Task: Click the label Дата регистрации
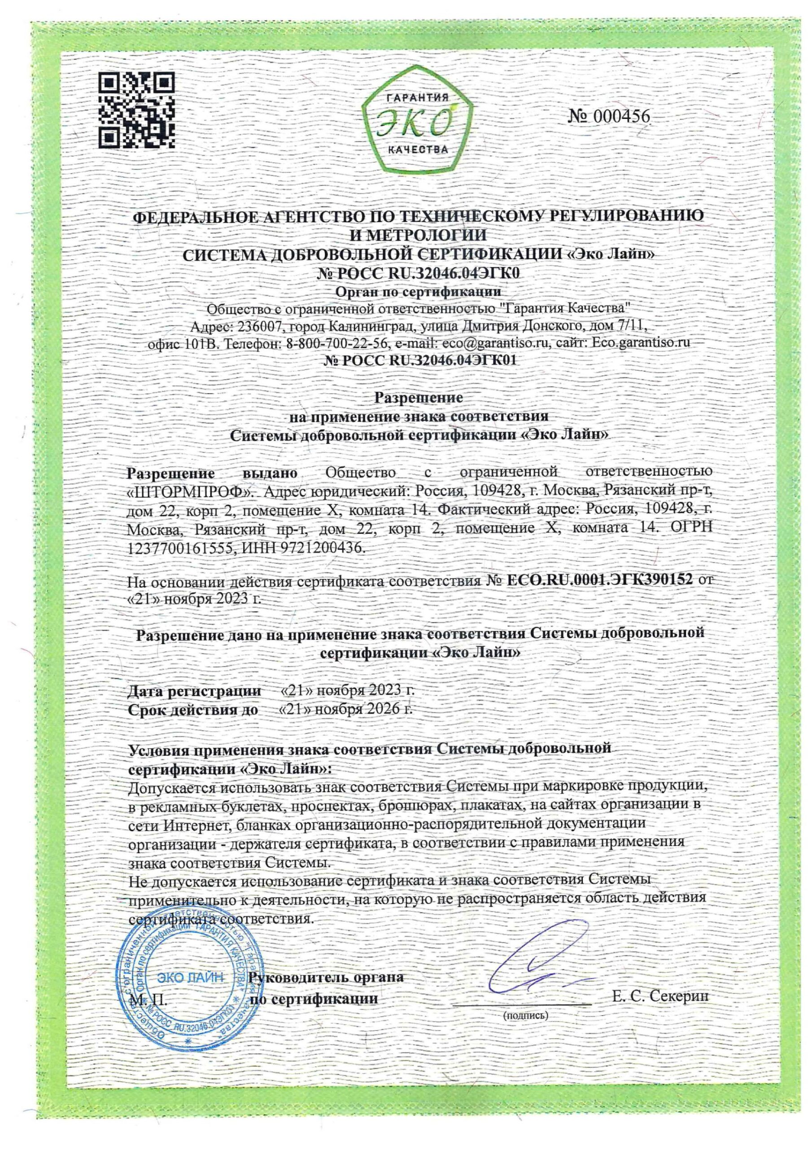[195, 691]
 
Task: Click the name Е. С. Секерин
[660, 996]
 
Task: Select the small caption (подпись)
[525, 1015]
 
